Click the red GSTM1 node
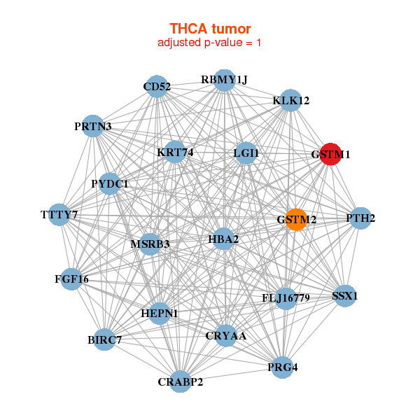pos(330,153)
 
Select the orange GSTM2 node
pos(296,219)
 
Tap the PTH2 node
pos(360,218)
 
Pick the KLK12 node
pos(290,101)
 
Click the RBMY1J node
pos(224,80)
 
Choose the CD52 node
pos(157,87)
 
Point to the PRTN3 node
pos(93,127)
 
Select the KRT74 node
pos(174,152)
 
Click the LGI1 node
pos(246,153)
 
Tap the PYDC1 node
pos(110,183)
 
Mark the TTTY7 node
pos(59,214)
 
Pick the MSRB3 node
pos(150,244)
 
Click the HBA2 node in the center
pos(223,239)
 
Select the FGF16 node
pos(71,279)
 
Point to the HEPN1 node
pos(160,313)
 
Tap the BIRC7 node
pos(104,340)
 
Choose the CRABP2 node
pos(180,381)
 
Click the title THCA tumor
pos(210,29)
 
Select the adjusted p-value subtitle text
pos(210,43)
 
